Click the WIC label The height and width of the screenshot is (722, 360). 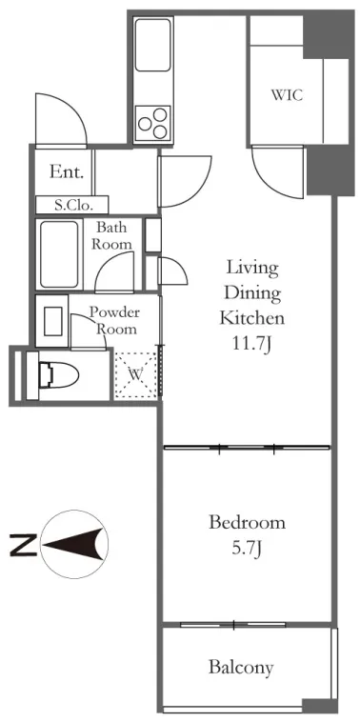(287, 95)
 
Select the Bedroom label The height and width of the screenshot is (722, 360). (247, 523)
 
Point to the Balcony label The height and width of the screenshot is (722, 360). (241, 667)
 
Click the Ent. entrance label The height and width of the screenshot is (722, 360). (67, 172)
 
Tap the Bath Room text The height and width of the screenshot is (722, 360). (111, 235)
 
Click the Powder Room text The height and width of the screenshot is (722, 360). (113, 320)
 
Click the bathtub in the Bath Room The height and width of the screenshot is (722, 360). (59, 254)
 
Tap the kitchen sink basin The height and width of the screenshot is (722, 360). (152, 45)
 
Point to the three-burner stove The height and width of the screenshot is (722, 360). (153, 123)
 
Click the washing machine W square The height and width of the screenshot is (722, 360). (135, 374)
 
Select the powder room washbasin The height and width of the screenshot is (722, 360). (52, 321)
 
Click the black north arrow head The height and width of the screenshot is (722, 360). (72, 544)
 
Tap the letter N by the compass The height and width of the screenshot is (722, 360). (23, 545)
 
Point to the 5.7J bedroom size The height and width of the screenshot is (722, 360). (248, 549)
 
